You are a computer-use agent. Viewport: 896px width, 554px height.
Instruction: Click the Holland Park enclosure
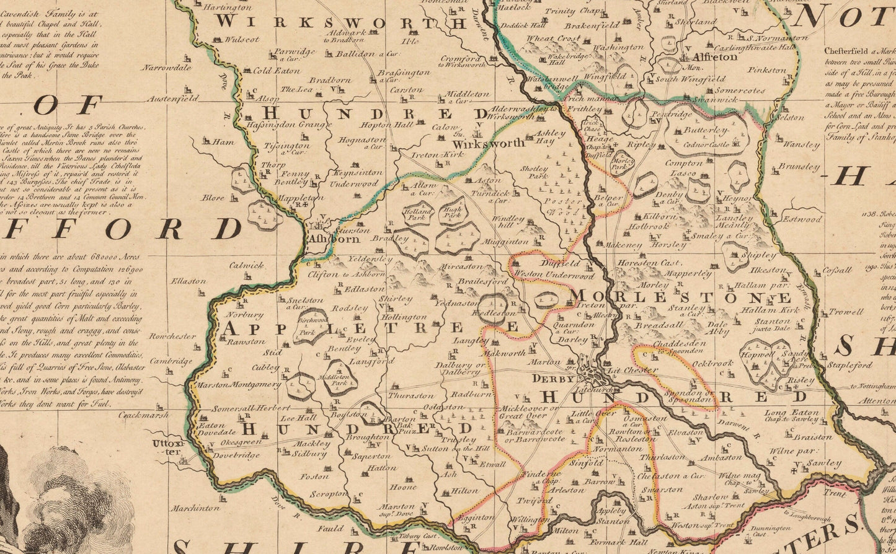417,214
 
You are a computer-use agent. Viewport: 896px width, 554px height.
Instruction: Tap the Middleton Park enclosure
338,379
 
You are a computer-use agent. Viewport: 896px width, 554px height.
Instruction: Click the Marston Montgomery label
237,385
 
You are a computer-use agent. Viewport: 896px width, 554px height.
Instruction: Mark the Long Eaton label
791,413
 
